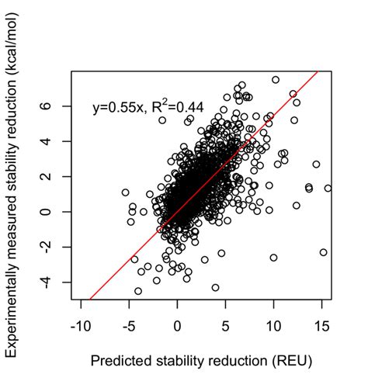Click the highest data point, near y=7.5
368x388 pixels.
tap(276, 80)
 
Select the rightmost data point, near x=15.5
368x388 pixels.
tap(328, 188)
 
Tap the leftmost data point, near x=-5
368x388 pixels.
tap(126, 192)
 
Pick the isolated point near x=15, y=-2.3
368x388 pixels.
tap(323, 252)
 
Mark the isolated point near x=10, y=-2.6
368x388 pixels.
tap(273, 258)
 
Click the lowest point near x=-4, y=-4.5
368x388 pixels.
tap(138, 291)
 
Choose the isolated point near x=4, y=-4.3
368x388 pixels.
tap(215, 287)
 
